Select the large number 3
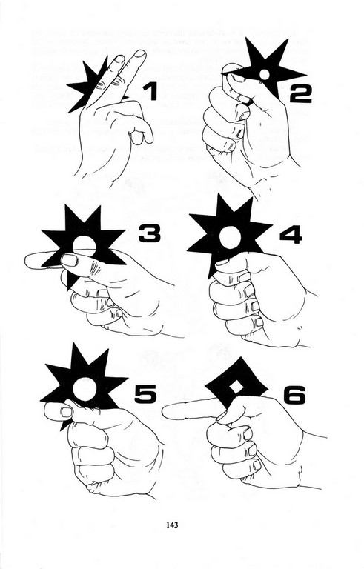click(x=149, y=233)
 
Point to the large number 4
click(x=291, y=235)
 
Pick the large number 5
click(x=145, y=394)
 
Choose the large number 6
click(x=294, y=395)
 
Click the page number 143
click(x=172, y=525)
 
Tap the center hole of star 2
click(x=265, y=74)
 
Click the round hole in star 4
click(x=230, y=237)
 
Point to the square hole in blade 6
click(x=236, y=387)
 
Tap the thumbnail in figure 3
click(x=70, y=260)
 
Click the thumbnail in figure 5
click(x=67, y=412)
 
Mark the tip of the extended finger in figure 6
click(x=163, y=413)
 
